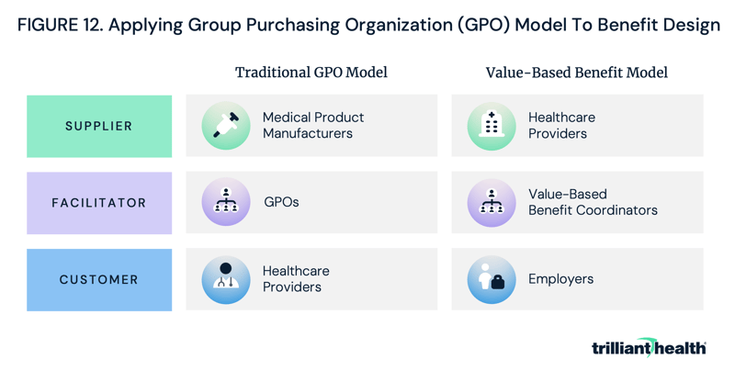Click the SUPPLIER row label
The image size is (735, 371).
click(x=99, y=126)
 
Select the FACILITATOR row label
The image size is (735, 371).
click(x=99, y=203)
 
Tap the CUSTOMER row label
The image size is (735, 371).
click(x=99, y=279)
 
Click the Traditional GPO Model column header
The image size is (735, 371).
click(x=311, y=73)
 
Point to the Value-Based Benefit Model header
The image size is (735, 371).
click(x=576, y=73)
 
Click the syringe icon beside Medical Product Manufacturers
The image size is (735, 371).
click(x=226, y=126)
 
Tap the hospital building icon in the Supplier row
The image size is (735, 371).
click(x=492, y=126)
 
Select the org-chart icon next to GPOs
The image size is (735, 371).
click(x=226, y=202)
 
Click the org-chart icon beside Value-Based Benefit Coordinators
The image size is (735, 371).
click(x=492, y=202)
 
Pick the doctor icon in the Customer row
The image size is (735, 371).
click(x=226, y=279)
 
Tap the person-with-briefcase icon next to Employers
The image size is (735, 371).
click(x=492, y=279)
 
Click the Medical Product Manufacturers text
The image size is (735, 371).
click(x=312, y=126)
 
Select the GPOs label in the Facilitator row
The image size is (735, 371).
click(x=281, y=202)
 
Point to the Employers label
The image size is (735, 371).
click(x=560, y=279)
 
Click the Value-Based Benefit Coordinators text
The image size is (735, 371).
click(x=593, y=202)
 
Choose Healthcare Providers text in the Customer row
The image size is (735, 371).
click(x=296, y=279)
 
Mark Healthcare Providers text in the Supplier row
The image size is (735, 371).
click(x=561, y=126)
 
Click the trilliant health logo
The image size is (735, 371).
click(x=649, y=347)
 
